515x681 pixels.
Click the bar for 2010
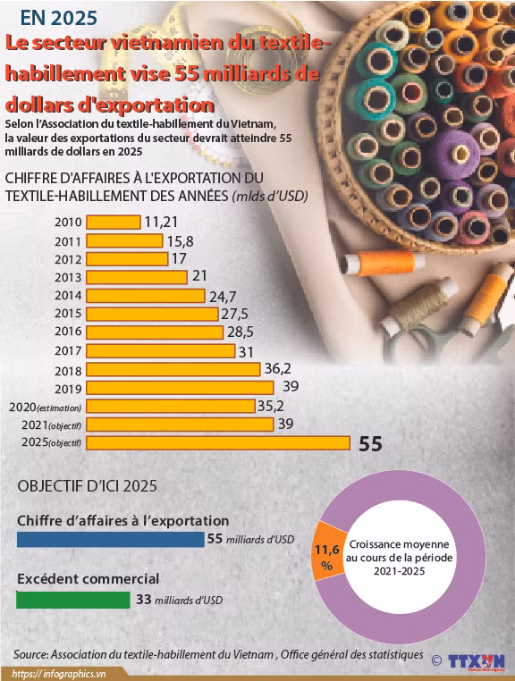click(113, 223)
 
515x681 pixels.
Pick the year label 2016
click(68, 332)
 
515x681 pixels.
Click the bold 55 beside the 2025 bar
click(370, 443)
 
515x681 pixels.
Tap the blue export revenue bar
click(110, 540)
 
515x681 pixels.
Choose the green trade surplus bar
click(73, 600)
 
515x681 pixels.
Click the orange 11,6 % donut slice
click(325, 559)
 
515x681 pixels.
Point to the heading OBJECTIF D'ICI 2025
click(88, 486)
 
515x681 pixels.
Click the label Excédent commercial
click(89, 579)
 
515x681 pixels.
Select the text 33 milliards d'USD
click(179, 601)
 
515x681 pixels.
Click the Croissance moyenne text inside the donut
click(400, 544)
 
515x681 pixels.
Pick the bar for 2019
click(179, 387)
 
